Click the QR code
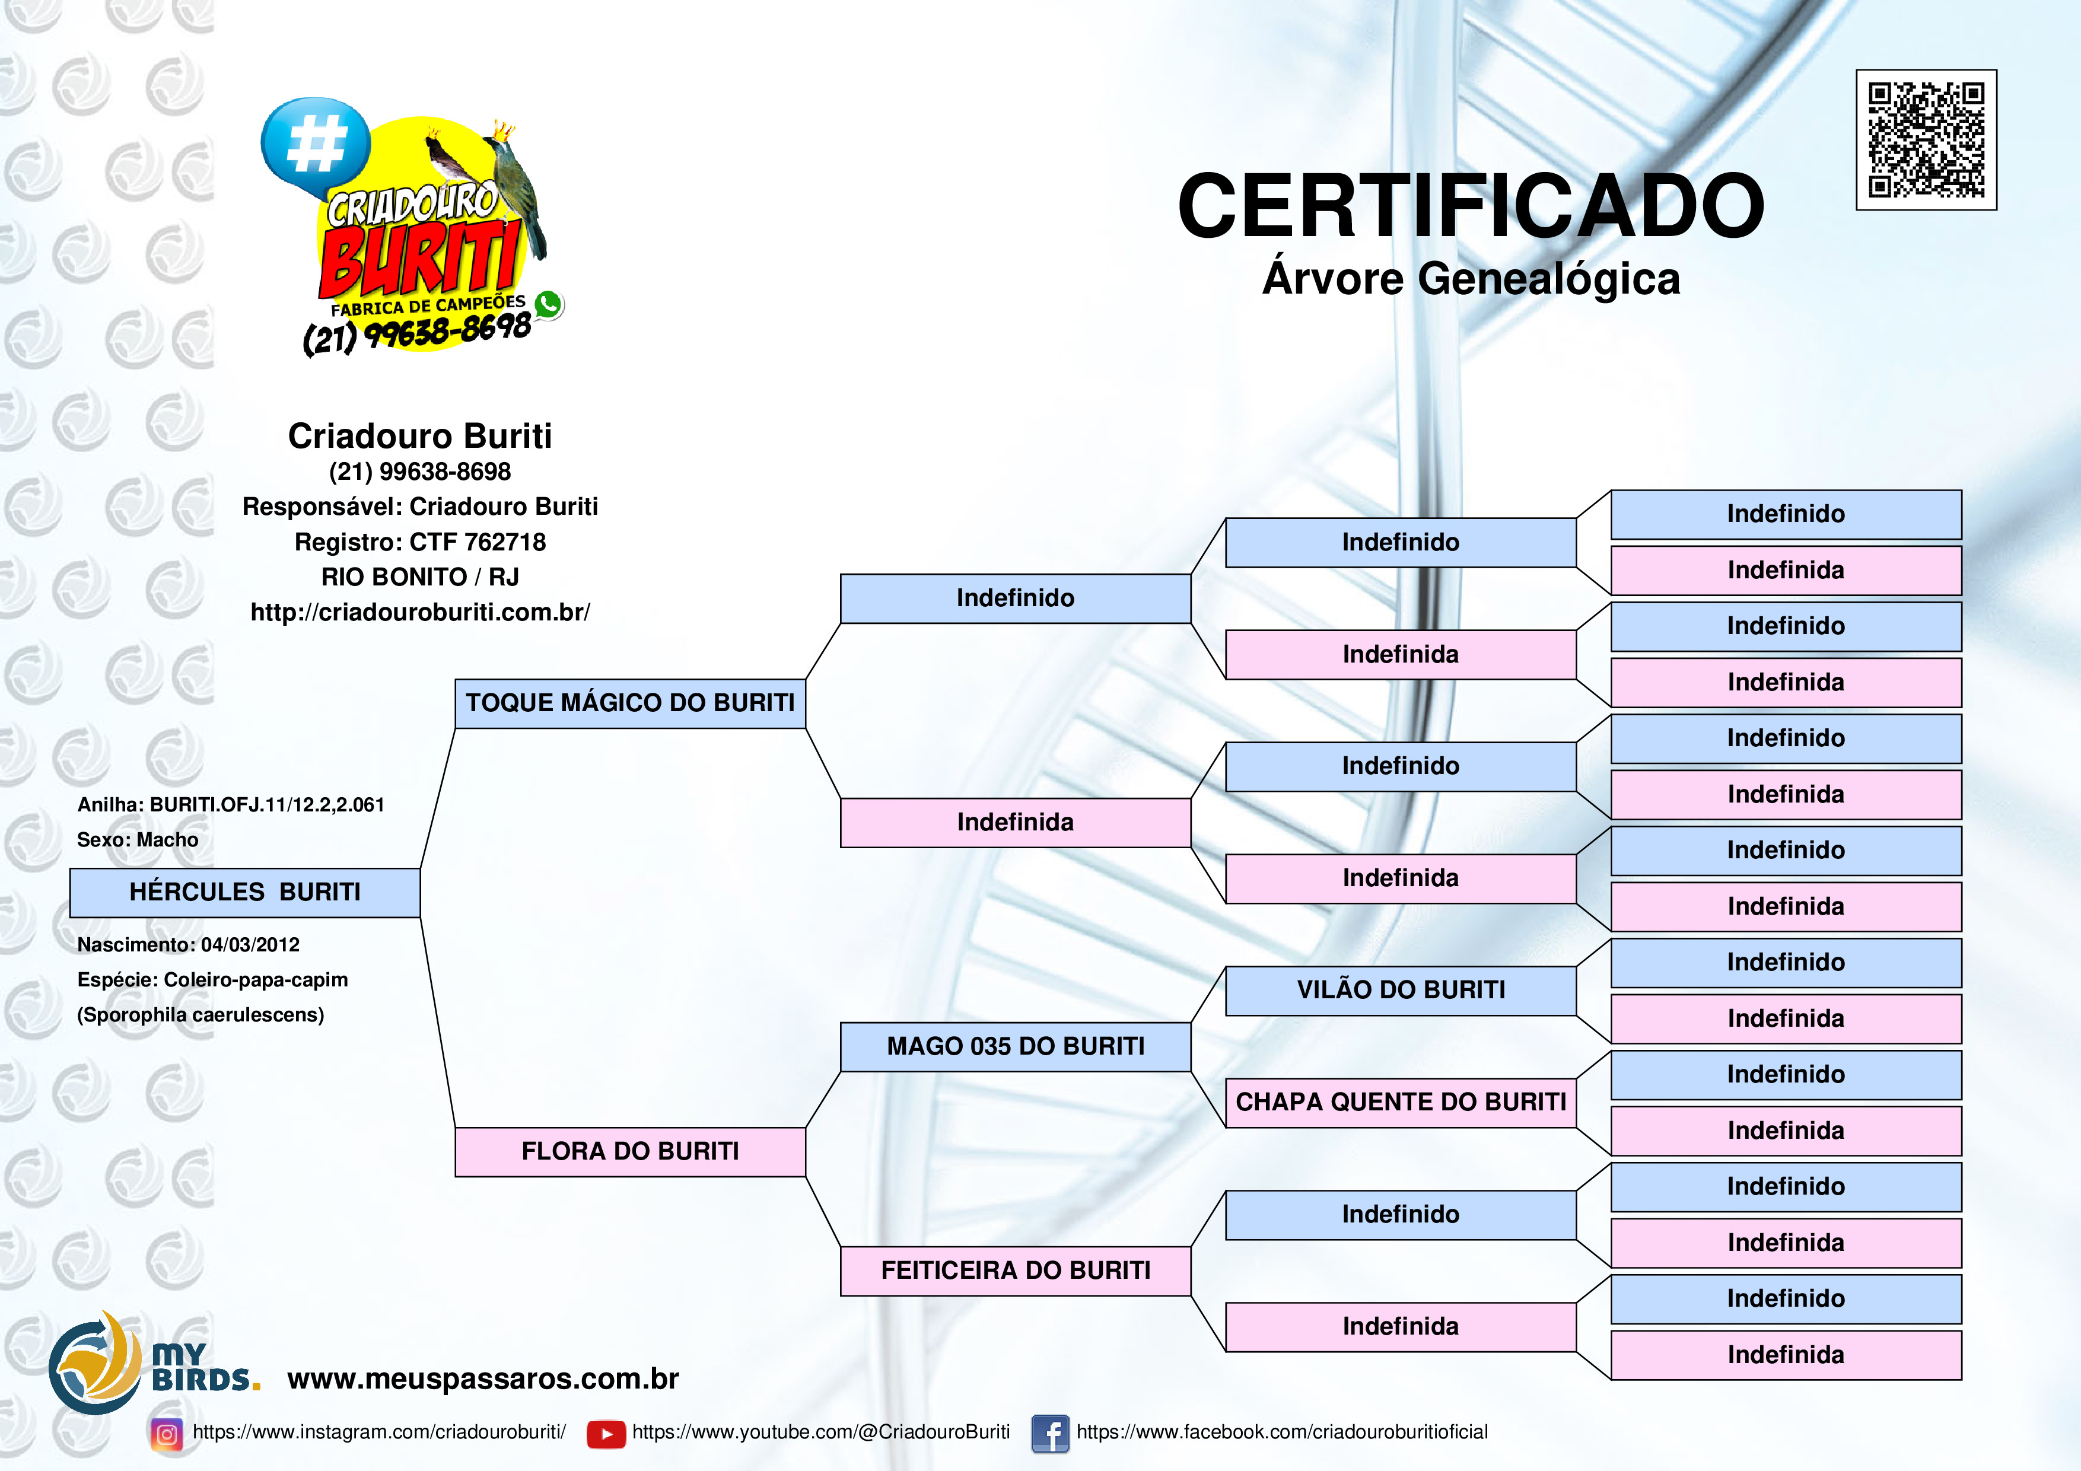[1926, 139]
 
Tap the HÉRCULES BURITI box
[245, 893]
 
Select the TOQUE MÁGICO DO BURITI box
[630, 703]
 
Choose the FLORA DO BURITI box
[630, 1152]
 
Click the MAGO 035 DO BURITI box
[1015, 1047]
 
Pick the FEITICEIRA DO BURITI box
[1015, 1271]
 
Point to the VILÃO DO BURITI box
[1401, 991]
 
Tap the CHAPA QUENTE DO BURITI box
[1401, 1103]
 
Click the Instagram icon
[167, 1434]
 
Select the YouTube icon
[606, 1434]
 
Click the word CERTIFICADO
[1471, 206]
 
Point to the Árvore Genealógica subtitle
[1471, 278]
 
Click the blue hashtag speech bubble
[316, 145]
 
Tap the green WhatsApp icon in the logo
[548, 304]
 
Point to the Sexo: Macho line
[138, 840]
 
